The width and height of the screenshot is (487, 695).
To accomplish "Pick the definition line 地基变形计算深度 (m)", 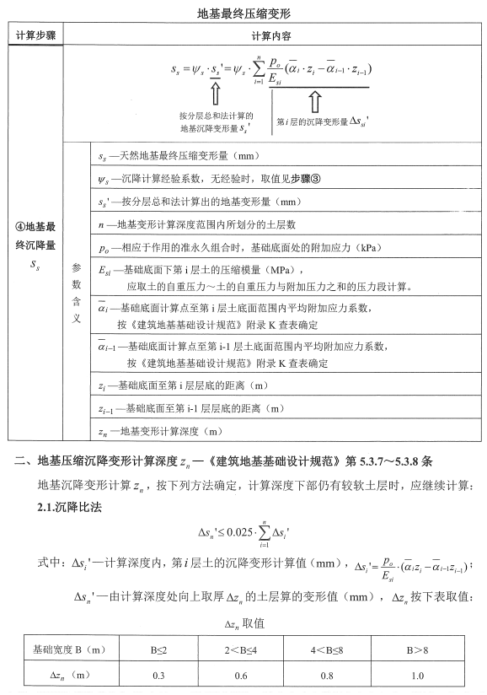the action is [163, 431].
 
